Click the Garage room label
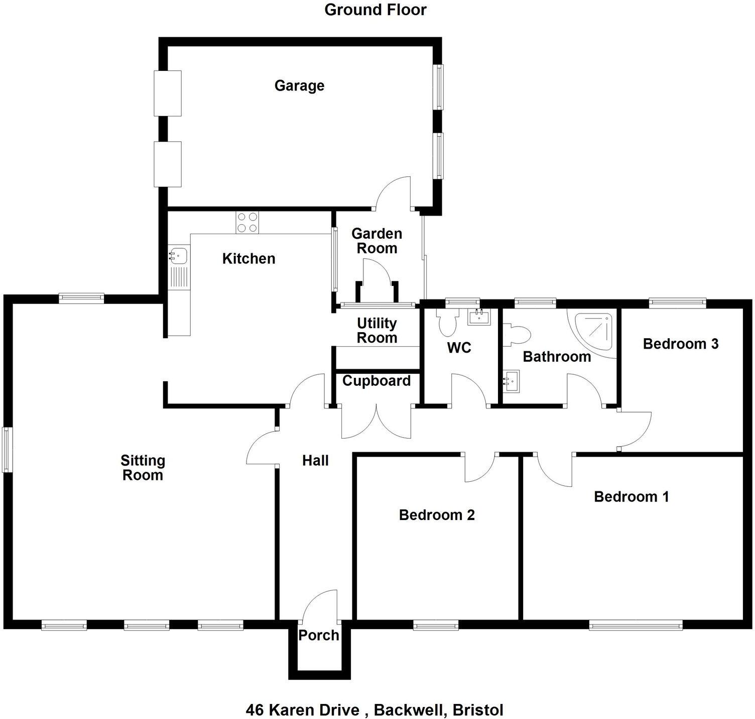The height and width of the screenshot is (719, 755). pos(299,85)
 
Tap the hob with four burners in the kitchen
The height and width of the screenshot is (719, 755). pos(247,223)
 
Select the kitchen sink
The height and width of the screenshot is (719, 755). pos(178,256)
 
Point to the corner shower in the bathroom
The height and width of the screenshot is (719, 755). pos(594,332)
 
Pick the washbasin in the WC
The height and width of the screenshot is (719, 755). pos(479,317)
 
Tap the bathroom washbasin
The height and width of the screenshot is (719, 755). pos(512,380)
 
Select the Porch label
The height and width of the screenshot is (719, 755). pos(319,635)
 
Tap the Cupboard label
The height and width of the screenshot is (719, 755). pos(376,381)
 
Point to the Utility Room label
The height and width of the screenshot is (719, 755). pos(376,330)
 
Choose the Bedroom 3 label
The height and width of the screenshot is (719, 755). pos(680,344)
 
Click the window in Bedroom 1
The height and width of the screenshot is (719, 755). pos(636,626)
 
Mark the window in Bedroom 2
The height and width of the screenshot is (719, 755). pos(436,626)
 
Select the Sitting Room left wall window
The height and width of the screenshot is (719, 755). pos(7,449)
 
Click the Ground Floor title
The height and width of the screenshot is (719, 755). pos(375,10)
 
